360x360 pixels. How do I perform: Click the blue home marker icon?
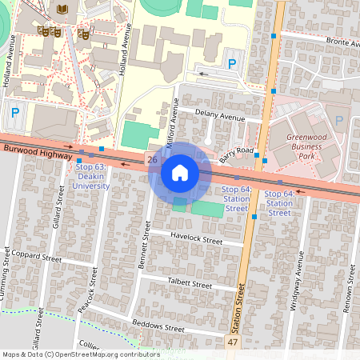180,172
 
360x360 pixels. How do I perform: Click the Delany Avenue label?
222,118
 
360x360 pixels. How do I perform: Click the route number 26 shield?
152,160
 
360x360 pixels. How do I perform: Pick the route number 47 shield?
233,342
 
